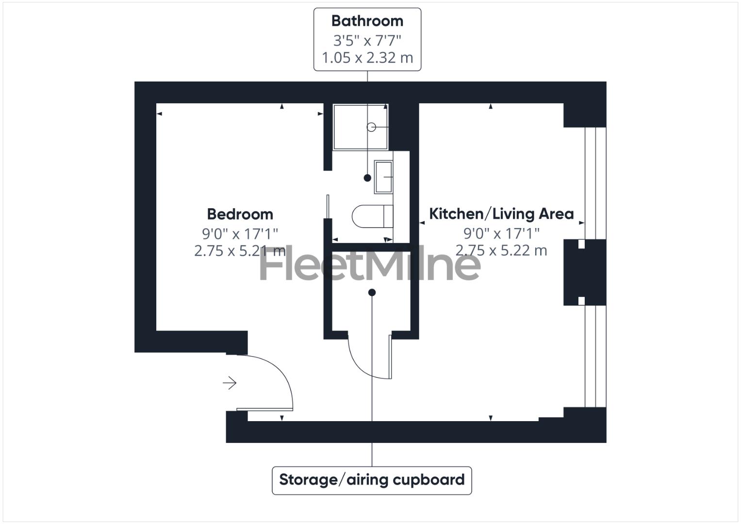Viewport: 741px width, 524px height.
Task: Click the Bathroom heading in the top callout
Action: (x=367, y=21)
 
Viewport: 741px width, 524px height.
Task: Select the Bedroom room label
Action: (x=240, y=214)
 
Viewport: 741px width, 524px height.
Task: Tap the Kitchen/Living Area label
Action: (x=501, y=213)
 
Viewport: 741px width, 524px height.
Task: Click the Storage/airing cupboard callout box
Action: (x=372, y=480)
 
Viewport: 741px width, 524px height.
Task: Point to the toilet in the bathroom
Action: (x=372, y=216)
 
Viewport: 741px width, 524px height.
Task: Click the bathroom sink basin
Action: (x=383, y=177)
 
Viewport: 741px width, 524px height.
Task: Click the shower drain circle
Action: (x=371, y=127)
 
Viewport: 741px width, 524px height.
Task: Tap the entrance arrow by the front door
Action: (x=230, y=383)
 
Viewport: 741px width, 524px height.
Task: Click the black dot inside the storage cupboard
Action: (x=372, y=293)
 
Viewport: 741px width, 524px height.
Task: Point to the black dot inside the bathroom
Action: (x=367, y=178)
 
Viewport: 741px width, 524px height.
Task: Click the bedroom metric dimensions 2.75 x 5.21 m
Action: (x=240, y=251)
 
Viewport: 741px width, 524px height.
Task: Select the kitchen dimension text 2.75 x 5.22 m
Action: (x=501, y=250)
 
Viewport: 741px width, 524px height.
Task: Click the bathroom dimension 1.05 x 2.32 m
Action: (x=367, y=58)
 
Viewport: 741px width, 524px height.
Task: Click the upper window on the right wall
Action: (x=595, y=183)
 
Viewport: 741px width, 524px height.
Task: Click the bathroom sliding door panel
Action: (x=328, y=207)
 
